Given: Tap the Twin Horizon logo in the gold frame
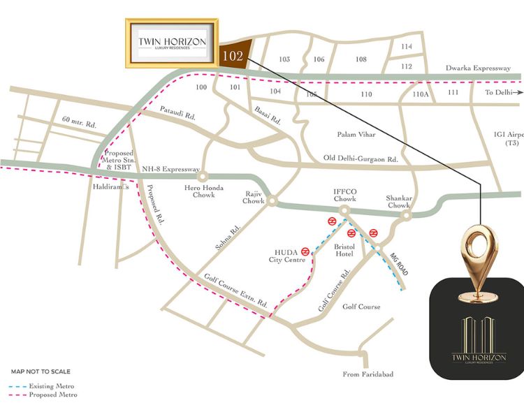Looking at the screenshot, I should coord(172,43).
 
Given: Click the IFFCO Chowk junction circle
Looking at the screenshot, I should coord(344,209).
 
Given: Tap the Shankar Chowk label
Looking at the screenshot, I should coord(398,202).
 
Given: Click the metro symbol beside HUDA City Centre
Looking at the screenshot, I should coord(305,253).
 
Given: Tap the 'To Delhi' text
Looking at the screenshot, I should coord(499,92).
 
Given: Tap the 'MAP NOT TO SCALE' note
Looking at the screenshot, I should coord(41,372).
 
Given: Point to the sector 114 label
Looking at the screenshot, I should coord(407,47).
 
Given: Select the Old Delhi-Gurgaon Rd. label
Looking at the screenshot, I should coord(361,159).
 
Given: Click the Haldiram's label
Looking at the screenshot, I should coord(107,188).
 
